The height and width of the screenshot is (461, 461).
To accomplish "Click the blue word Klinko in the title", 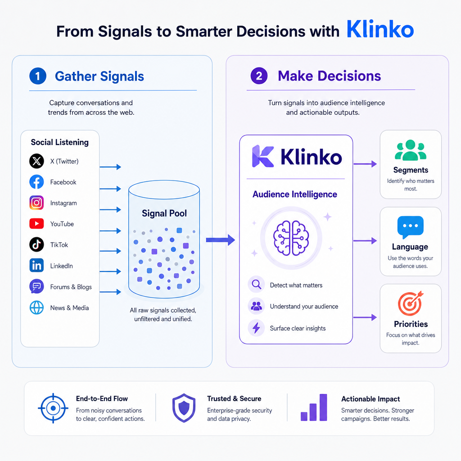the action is click(380, 29).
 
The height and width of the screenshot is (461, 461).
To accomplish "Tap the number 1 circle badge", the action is click(38, 76).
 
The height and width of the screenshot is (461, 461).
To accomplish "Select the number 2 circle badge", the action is click(259, 76).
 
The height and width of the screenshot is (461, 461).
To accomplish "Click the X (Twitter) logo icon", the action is click(36, 161).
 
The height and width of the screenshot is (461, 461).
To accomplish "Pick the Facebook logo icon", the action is click(36, 182).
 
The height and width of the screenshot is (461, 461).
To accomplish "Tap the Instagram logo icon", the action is click(36, 203).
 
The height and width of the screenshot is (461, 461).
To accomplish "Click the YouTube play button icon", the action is click(36, 224).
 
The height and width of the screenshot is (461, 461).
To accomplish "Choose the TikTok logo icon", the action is click(36, 244).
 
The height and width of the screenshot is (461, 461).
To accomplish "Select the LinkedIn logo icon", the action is click(36, 266).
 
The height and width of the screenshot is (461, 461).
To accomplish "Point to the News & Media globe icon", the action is click(36, 307).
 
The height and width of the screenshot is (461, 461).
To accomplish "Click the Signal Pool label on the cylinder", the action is click(164, 213).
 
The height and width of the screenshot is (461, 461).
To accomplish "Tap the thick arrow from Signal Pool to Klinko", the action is click(221, 240).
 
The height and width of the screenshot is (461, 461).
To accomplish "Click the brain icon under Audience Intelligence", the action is click(291, 238).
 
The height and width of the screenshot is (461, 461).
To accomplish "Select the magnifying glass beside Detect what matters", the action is click(256, 285).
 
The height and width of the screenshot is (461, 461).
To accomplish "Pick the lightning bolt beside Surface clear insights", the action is click(256, 328).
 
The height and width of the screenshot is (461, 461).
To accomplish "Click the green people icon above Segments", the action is click(411, 150).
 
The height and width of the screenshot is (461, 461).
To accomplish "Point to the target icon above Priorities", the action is click(410, 303).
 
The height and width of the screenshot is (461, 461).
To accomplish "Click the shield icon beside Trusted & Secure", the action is click(184, 408).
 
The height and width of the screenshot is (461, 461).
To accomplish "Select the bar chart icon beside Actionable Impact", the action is click(314, 407).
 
